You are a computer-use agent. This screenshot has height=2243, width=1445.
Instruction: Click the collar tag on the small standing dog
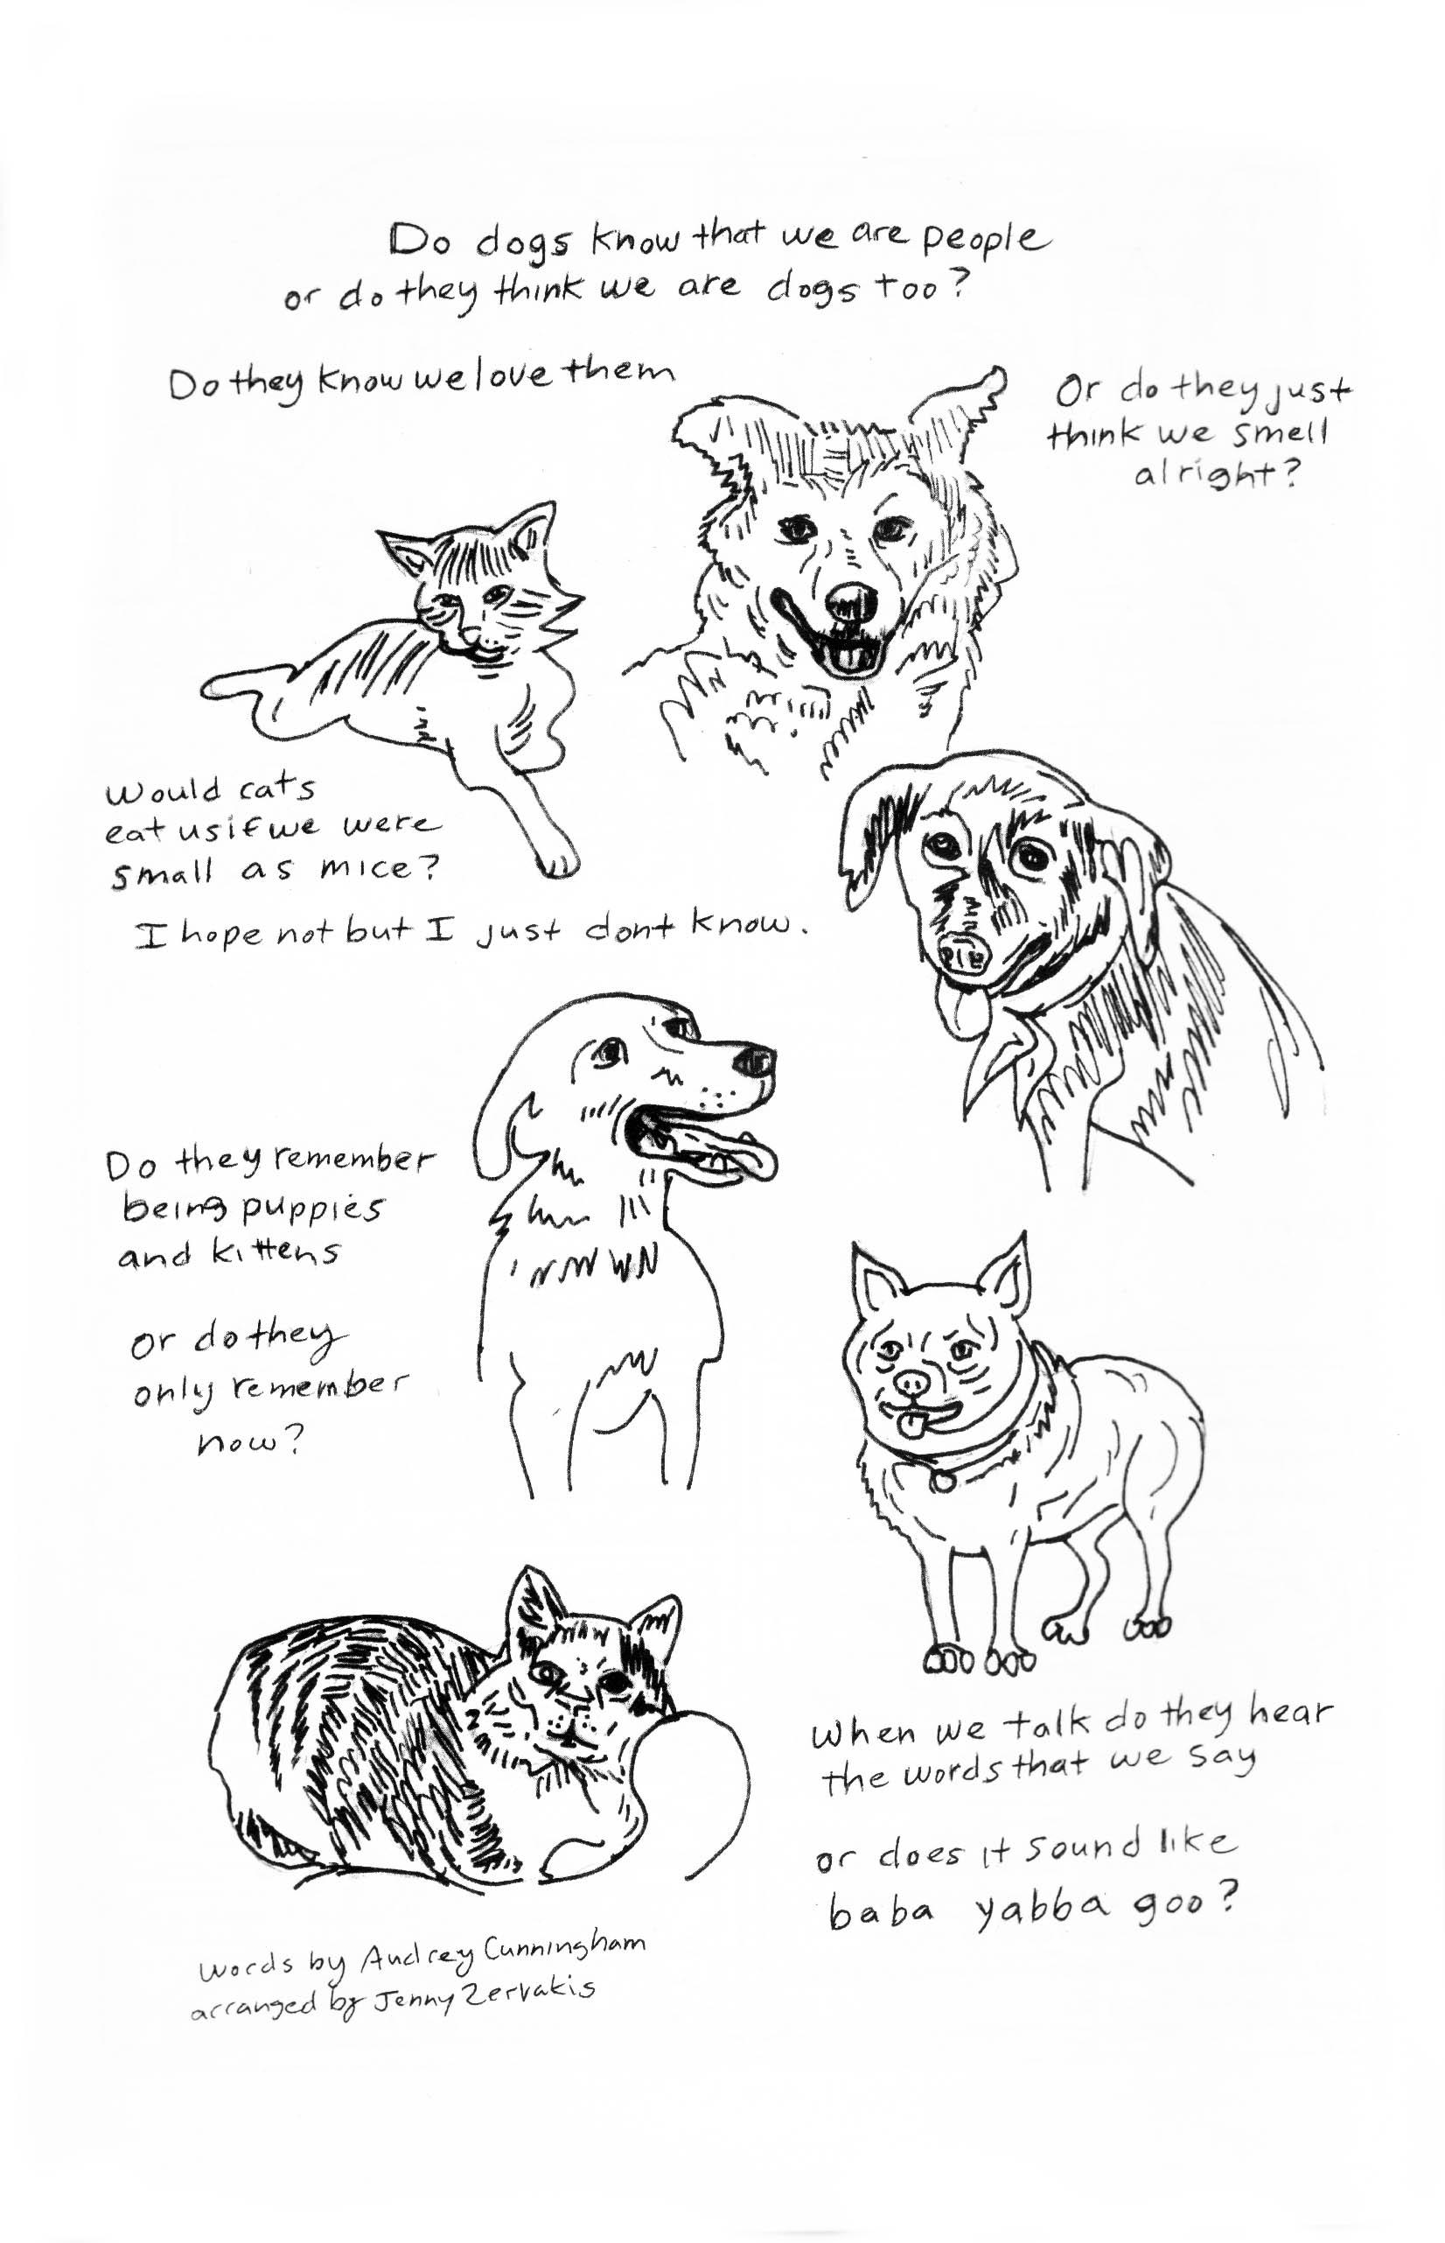[x=941, y=1481]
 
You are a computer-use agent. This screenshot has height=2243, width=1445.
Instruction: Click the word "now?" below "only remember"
[x=248, y=1440]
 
